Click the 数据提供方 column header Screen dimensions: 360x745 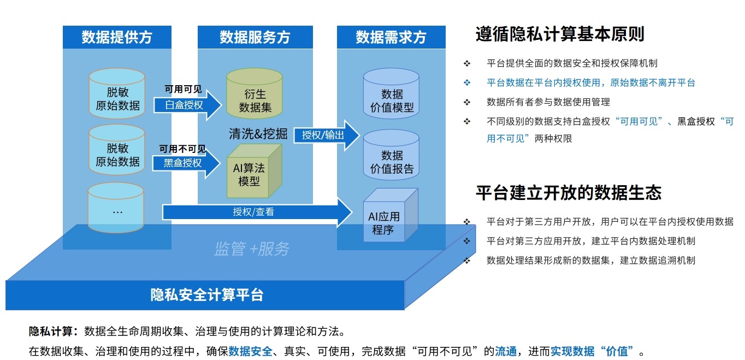[117, 37]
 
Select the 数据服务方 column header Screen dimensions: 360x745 [255, 37]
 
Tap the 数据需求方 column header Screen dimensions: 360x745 [391, 37]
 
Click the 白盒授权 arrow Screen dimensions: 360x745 [186, 104]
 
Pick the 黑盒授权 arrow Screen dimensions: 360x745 [186, 163]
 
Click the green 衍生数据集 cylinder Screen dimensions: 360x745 [255, 94]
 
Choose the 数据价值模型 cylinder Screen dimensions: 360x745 [392, 94]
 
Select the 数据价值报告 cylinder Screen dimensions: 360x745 [392, 155]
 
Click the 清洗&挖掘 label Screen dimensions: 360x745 [258, 134]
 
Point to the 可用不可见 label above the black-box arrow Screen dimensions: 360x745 [182, 149]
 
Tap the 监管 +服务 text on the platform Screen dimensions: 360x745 [252, 249]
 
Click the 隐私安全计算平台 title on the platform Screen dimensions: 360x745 [207, 295]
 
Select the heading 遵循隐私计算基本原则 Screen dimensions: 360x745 [560, 34]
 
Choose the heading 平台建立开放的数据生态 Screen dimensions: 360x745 [569, 193]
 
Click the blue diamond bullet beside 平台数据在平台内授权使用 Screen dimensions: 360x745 [467, 82]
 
